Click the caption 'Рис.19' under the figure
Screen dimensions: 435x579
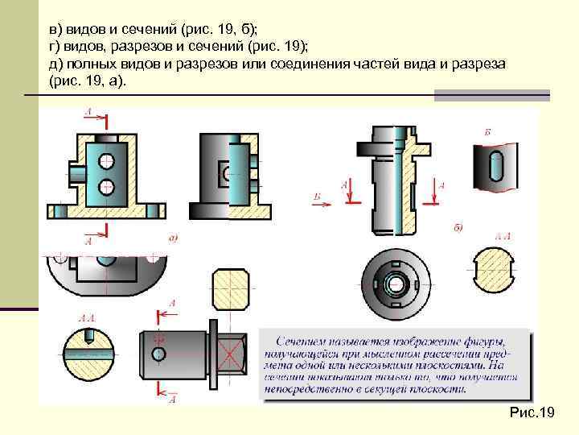click(x=532, y=412)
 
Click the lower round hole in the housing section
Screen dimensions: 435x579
click(x=105, y=187)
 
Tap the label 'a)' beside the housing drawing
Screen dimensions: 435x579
click(x=173, y=238)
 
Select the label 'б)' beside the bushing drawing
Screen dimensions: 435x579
click(x=458, y=228)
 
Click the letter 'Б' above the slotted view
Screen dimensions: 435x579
click(x=488, y=130)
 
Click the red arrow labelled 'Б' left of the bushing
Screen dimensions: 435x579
click(x=320, y=202)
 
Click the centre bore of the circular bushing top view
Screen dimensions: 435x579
click(x=394, y=284)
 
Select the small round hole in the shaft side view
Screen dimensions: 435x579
click(x=158, y=354)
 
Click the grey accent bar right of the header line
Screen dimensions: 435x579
click(x=491, y=95)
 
